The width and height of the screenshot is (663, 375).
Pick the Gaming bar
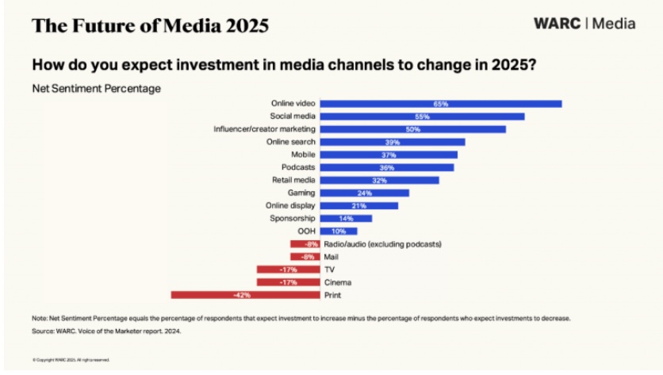[364, 193]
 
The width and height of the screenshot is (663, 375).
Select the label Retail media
[293, 180]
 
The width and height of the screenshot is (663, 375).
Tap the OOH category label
[306, 231]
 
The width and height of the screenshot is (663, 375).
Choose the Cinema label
[337, 282]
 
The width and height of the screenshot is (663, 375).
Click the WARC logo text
[557, 24]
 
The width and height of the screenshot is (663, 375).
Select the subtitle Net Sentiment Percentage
[96, 88]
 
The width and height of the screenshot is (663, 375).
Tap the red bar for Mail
[305, 257]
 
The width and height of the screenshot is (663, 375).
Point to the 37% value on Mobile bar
[388, 155]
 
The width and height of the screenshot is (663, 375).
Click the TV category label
[328, 270]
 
